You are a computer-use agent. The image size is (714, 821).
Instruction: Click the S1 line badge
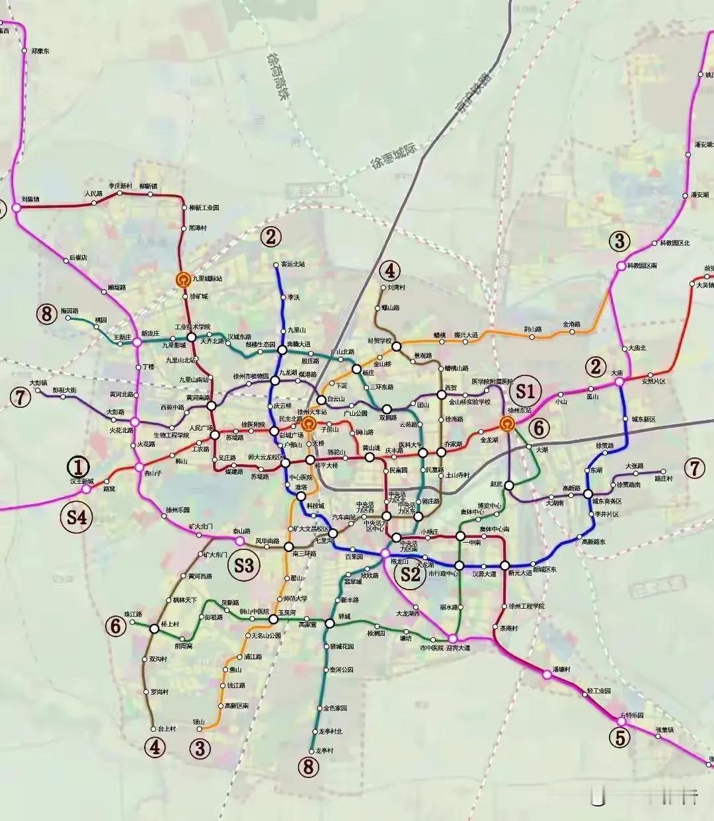(x=525, y=390)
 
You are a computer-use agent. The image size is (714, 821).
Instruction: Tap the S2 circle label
(x=410, y=574)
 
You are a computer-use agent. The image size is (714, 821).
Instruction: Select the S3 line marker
(x=244, y=565)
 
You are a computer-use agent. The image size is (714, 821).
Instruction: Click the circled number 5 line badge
(x=619, y=738)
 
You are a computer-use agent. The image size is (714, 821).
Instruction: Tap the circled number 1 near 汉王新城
(x=79, y=467)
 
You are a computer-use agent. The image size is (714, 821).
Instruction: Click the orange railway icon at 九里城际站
(x=182, y=280)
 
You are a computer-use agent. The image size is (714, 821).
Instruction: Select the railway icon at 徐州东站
(x=508, y=424)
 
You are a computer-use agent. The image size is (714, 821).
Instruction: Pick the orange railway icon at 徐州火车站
(x=307, y=426)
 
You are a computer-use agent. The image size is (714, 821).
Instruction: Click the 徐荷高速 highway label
(x=276, y=77)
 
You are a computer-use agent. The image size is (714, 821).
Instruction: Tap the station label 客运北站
(x=293, y=264)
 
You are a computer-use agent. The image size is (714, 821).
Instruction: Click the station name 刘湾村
(x=396, y=288)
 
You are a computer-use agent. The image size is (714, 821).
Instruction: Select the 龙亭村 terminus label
(x=325, y=751)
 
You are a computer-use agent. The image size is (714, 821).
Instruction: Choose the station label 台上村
(x=167, y=728)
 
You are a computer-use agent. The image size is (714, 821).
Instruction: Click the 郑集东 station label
(x=40, y=51)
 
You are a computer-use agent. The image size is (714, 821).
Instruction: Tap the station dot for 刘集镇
(x=16, y=207)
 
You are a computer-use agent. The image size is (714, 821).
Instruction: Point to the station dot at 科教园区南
(x=620, y=266)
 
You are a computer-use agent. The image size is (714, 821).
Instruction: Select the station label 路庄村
(x=663, y=478)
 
